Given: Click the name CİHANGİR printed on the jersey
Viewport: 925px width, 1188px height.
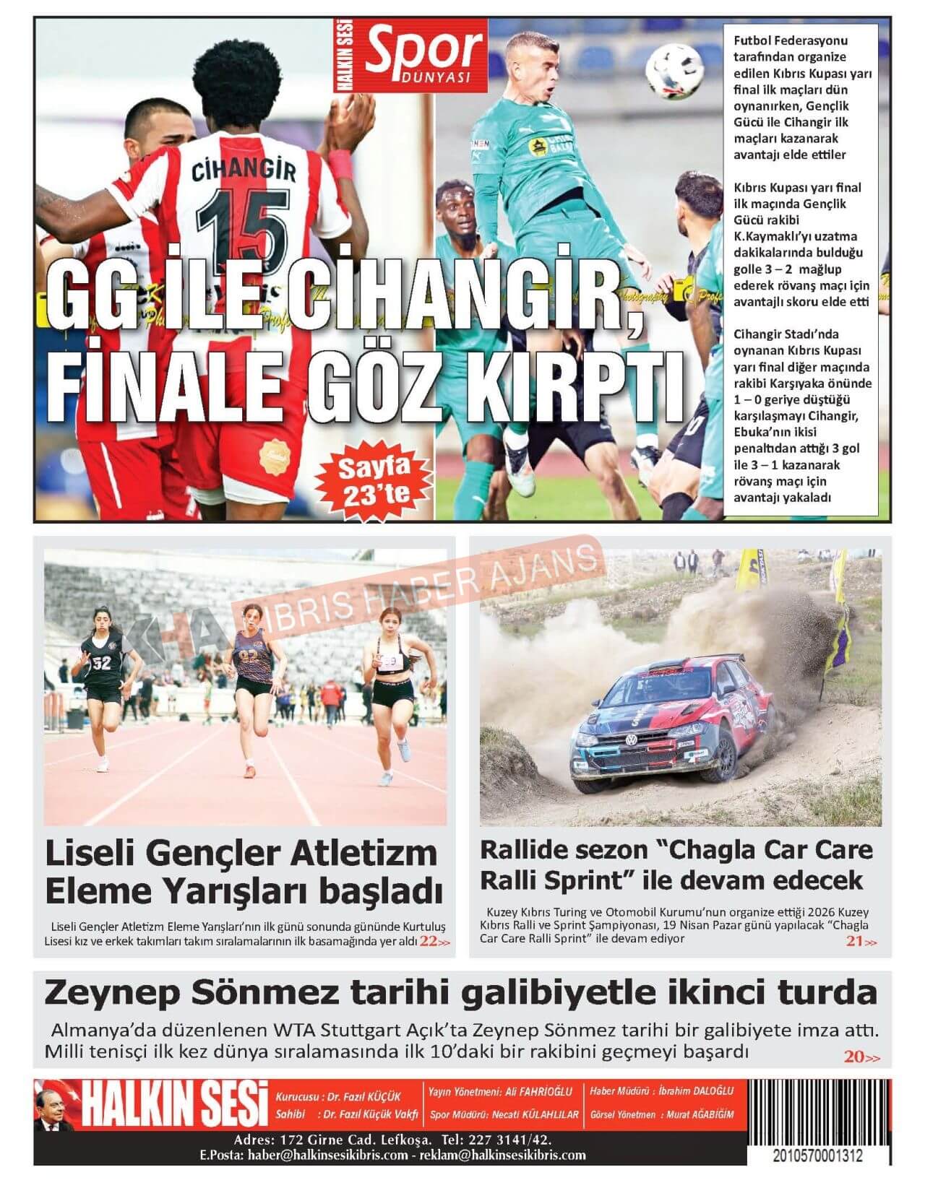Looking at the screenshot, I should [244, 171].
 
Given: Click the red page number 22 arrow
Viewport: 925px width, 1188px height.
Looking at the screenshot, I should [435, 942].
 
